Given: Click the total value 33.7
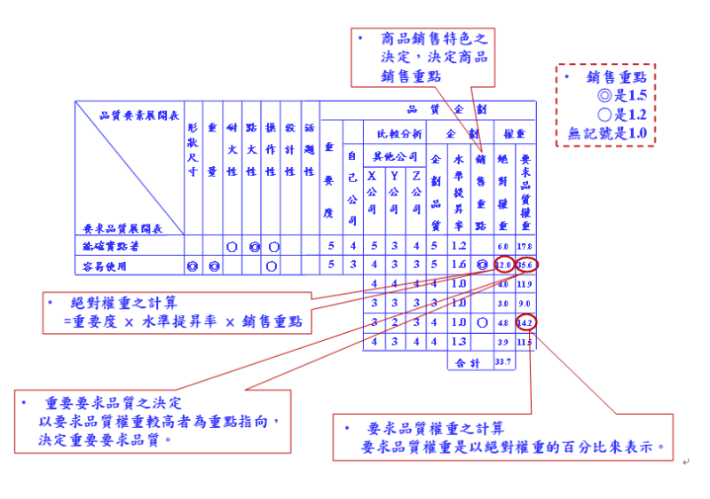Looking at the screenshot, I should (503, 362).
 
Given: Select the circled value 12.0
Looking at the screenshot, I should (503, 265).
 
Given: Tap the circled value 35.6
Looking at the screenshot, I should (525, 265).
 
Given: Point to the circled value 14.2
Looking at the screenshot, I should (525, 323).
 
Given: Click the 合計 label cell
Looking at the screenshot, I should (469, 362).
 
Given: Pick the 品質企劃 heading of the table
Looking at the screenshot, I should (448, 110).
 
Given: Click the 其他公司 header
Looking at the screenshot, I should (394, 155).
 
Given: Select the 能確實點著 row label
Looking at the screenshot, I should (111, 246).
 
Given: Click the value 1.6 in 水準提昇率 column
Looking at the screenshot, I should (459, 265).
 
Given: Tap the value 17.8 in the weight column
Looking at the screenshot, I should (525, 246).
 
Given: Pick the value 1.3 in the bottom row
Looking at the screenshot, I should (459, 342).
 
